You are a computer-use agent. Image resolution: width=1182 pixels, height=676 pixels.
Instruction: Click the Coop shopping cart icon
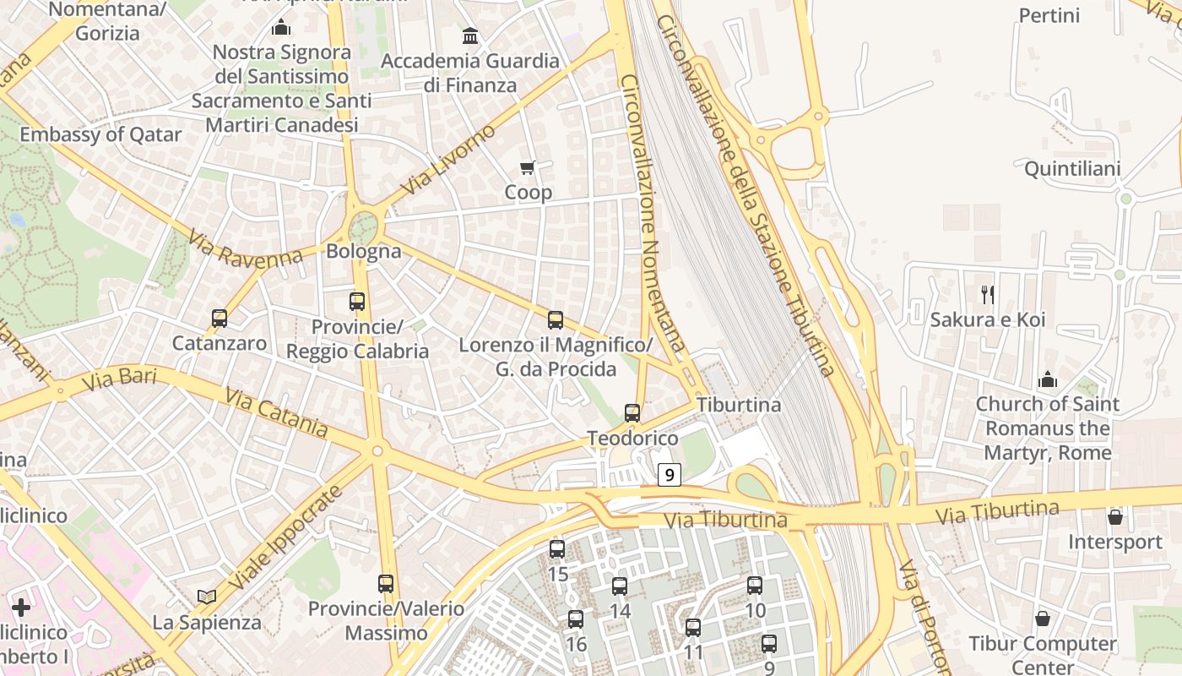click(x=528, y=167)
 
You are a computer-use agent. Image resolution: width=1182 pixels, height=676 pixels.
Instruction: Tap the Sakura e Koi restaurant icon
click(x=988, y=294)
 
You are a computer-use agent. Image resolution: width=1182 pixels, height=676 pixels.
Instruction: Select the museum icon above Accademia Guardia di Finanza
click(x=470, y=35)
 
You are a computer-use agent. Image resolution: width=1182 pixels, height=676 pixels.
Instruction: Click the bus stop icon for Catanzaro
click(x=220, y=319)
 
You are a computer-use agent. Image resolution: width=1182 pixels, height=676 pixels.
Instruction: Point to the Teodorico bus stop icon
click(x=632, y=413)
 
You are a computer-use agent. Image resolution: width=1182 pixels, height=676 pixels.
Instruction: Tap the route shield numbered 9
click(x=670, y=475)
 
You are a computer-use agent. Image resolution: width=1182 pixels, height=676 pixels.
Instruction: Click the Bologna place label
click(x=364, y=251)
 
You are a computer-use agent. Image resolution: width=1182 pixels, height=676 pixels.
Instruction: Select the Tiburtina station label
click(x=739, y=405)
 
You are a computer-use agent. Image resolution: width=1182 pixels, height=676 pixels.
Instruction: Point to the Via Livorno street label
click(x=448, y=160)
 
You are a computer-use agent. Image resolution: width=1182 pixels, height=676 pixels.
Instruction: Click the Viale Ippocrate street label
click(x=287, y=538)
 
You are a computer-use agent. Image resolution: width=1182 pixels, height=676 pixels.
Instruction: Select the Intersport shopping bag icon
click(x=1115, y=517)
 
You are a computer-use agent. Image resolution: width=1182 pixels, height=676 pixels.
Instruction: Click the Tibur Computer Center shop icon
click(x=1043, y=619)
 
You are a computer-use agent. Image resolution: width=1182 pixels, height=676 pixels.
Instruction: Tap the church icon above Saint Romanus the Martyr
click(x=1048, y=379)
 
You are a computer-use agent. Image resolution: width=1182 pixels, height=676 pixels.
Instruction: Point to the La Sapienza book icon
click(x=207, y=597)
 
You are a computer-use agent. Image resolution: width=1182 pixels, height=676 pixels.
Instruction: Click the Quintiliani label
click(x=1072, y=169)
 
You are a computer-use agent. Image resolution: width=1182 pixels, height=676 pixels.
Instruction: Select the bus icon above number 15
click(x=557, y=549)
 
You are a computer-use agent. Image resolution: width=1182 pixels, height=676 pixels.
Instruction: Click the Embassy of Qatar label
click(x=100, y=134)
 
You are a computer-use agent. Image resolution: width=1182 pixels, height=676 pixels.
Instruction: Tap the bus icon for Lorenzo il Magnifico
click(x=556, y=320)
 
